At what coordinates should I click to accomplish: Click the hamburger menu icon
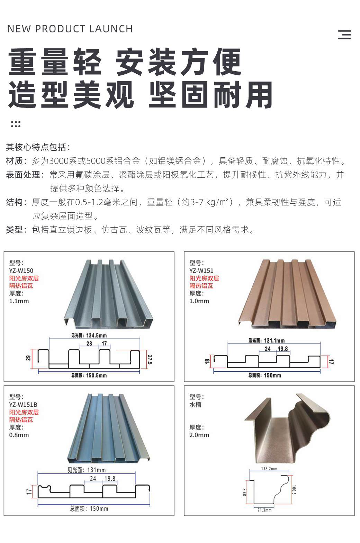(x=344, y=35)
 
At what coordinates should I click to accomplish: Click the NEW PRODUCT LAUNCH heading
(x=70, y=29)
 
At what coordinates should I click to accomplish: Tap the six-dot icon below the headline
(x=16, y=124)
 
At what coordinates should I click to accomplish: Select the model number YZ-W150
(x=21, y=270)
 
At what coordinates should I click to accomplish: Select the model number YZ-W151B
(x=23, y=404)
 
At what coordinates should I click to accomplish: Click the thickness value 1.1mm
(x=19, y=301)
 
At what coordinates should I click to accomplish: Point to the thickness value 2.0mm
(x=199, y=435)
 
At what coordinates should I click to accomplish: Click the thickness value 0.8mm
(x=19, y=435)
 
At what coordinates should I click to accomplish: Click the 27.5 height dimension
(x=150, y=360)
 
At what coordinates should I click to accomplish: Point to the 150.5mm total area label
(x=89, y=375)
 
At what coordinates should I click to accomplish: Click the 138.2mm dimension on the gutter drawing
(x=269, y=469)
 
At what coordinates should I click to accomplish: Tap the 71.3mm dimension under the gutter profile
(x=264, y=510)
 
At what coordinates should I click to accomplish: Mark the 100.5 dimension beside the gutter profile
(x=294, y=489)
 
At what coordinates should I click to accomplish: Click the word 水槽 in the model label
(x=195, y=404)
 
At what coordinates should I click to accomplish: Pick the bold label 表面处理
(x=23, y=175)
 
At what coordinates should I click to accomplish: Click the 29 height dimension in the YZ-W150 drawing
(x=28, y=358)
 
